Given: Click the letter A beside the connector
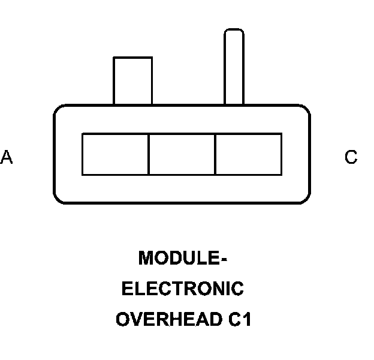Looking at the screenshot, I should click(7, 157).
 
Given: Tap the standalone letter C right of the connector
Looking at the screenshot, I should click(351, 157).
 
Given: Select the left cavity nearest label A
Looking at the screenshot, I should click(115, 154).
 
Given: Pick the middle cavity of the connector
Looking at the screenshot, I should click(182, 154).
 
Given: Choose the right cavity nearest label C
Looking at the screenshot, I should click(248, 154).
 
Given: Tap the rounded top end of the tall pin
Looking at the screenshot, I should click(234, 32).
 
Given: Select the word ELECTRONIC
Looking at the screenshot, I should click(183, 289).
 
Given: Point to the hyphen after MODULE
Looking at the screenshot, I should click(224, 259).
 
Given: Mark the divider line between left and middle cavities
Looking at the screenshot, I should click(149, 154).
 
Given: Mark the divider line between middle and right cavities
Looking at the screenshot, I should click(215, 154).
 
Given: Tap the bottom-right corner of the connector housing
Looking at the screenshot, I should click(306, 199).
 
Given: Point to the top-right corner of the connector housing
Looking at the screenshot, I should click(306, 109).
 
